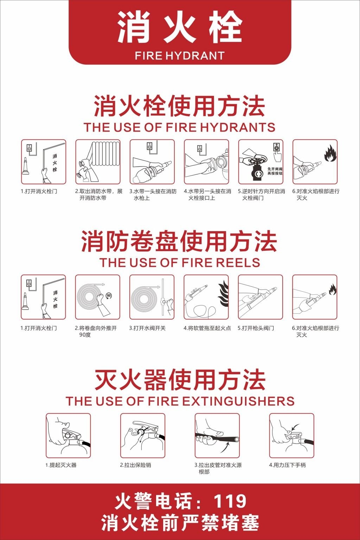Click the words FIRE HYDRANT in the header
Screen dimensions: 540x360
[x=180, y=56]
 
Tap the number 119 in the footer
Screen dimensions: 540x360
[x=230, y=501]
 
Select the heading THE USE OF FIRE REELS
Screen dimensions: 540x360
[x=180, y=263]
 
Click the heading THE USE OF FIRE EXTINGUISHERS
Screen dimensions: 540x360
[x=180, y=401]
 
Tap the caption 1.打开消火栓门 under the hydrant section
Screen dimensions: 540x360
[x=39, y=191]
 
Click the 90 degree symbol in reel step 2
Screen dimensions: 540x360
[x=109, y=296]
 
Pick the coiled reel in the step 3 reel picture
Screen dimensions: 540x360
[x=144, y=297]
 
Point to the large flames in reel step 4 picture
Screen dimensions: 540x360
[x=224, y=294]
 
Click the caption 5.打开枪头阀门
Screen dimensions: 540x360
[x=256, y=328]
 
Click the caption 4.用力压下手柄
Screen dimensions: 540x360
[x=287, y=465]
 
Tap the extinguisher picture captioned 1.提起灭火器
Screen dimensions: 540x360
[x=68, y=436]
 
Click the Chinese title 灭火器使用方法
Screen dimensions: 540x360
[x=180, y=380]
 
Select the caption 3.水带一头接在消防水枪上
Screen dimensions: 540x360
[x=153, y=195]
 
